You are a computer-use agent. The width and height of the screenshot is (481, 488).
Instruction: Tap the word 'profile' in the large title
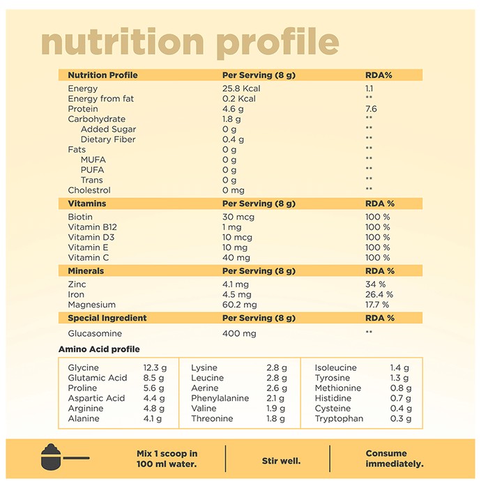(277, 43)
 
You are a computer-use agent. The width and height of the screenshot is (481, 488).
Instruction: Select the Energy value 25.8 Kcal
(241, 89)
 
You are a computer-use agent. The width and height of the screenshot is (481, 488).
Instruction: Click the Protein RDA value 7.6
(371, 109)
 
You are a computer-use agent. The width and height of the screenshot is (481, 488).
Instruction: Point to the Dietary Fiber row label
(108, 139)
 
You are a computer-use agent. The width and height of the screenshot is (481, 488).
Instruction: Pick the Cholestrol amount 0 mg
(234, 190)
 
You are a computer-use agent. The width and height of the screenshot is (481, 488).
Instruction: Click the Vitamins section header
(87, 204)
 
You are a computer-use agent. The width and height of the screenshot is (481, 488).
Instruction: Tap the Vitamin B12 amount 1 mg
(232, 227)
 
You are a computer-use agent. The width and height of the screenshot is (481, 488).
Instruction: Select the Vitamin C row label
(89, 258)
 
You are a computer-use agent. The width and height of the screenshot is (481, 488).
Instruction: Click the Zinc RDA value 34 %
(376, 284)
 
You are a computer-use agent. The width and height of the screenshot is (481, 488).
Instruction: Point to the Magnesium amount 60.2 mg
(240, 305)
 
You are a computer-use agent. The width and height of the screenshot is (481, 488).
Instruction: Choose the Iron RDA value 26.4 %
(379, 294)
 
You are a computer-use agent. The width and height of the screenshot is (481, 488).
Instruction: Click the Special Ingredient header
(107, 318)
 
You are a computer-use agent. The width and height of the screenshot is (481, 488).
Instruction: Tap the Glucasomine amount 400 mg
(239, 334)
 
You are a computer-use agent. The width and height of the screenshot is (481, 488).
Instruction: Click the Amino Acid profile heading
(99, 349)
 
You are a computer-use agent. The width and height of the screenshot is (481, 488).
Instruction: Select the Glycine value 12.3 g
(155, 368)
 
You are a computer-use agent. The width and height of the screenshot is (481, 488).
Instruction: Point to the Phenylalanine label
(220, 398)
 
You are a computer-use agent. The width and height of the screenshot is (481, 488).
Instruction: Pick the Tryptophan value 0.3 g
(401, 418)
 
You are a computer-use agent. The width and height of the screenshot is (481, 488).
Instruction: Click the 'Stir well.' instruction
(281, 461)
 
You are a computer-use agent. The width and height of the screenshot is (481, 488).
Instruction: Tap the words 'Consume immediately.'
(395, 459)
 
